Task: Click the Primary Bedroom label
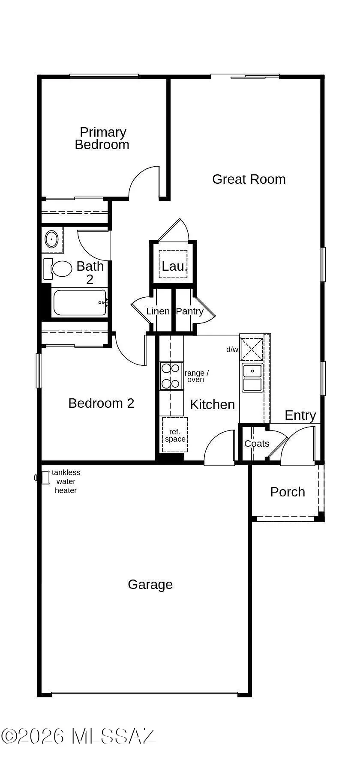coord(102,138)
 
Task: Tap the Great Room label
coord(249,179)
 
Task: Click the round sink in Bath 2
coord(52,239)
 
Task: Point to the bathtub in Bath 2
coord(79,303)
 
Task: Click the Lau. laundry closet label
coord(174,266)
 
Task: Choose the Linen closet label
coord(158,311)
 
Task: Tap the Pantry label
coord(189,311)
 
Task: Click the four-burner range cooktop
coord(170,376)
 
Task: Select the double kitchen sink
coord(252,378)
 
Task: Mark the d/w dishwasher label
coord(232,350)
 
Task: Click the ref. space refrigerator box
coord(175,435)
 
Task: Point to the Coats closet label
coord(257,444)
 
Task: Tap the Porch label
coord(287,492)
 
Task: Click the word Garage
coord(150,585)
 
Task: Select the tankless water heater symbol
coord(44,477)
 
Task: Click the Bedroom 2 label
coord(101,403)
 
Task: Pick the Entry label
coord(300,415)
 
